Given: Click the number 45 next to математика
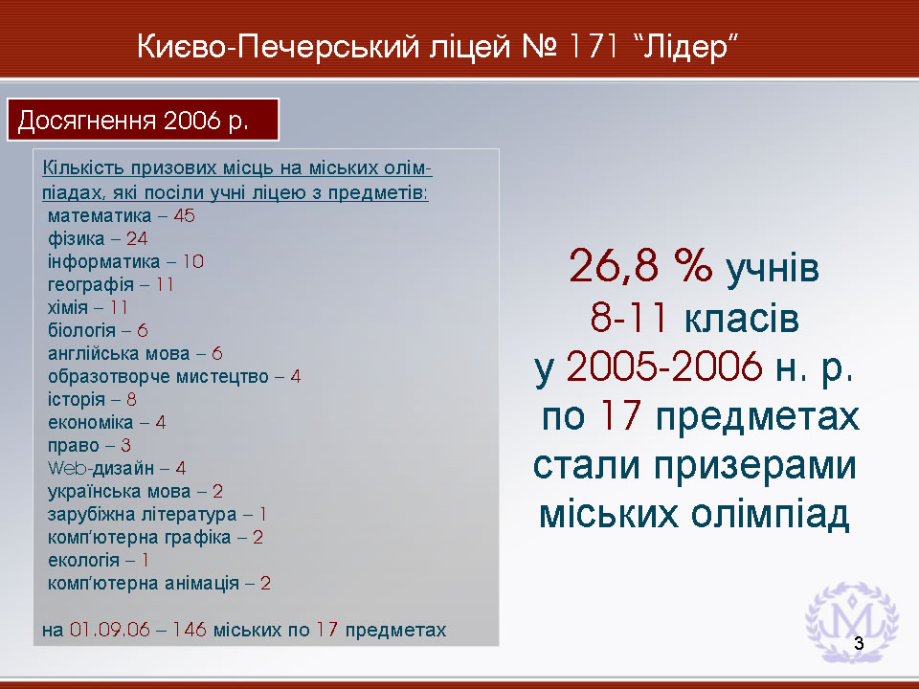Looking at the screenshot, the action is (x=184, y=215).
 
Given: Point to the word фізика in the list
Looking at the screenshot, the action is (x=77, y=238).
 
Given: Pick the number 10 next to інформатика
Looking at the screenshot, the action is (x=192, y=261).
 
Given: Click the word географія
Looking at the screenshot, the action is (x=91, y=285).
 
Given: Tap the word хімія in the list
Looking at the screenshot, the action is (x=67, y=307).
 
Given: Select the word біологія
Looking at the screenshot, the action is (x=81, y=330).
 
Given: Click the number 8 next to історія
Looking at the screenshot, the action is (x=131, y=400).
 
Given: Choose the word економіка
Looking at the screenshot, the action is (x=90, y=422).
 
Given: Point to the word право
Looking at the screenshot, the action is (x=74, y=446).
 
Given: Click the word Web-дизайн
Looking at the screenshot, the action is (x=101, y=468).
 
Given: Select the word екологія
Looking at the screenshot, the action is (x=83, y=560).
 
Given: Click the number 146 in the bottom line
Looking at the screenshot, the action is (x=190, y=630).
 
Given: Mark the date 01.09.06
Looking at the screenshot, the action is (x=109, y=630).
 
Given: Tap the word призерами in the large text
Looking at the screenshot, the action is (x=755, y=468).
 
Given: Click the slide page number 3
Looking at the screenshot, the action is (x=859, y=643).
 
